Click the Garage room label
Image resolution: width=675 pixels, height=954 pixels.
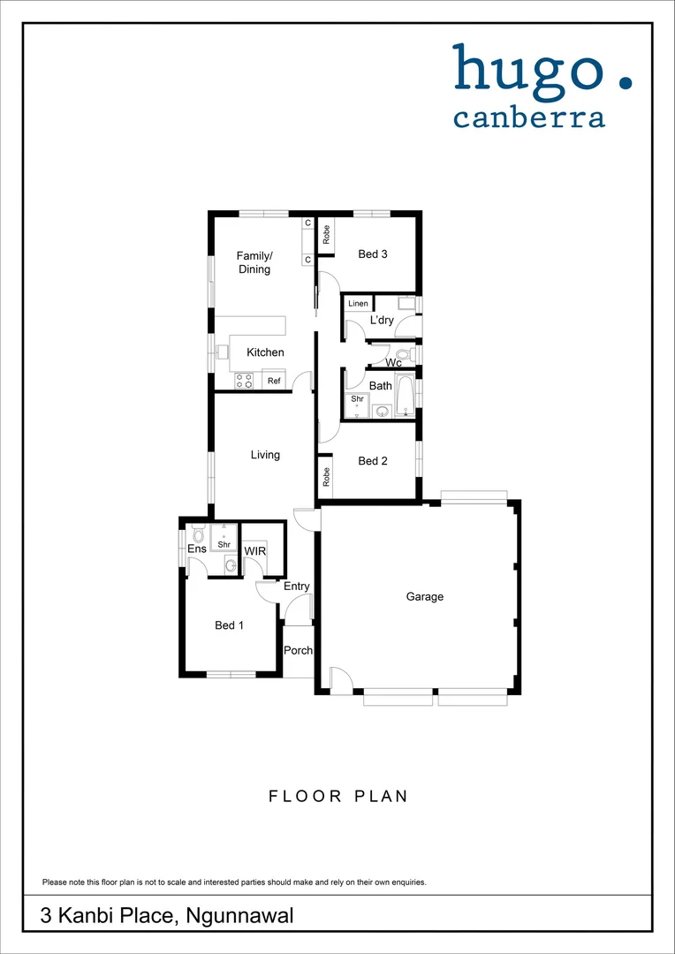pyautogui.click(x=425, y=597)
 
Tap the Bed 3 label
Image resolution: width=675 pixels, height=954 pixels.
pyautogui.click(x=373, y=254)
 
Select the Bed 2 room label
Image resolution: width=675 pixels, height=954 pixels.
pyautogui.click(x=373, y=461)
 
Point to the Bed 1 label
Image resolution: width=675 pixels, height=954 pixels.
pyautogui.click(x=230, y=625)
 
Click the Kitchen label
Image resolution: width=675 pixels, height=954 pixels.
pyautogui.click(x=265, y=352)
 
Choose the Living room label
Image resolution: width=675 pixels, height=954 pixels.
pyautogui.click(x=265, y=455)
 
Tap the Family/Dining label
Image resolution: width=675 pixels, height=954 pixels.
pyautogui.click(x=254, y=263)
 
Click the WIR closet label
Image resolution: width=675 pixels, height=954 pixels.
pyautogui.click(x=255, y=551)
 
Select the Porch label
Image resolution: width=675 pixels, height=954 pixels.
pyautogui.click(x=299, y=651)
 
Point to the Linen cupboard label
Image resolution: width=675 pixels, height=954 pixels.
pyautogui.click(x=358, y=304)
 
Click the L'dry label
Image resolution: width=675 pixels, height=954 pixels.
pyautogui.click(x=382, y=321)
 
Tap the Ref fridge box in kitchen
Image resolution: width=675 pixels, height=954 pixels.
pyautogui.click(x=274, y=382)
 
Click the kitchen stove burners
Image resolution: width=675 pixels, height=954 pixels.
pyautogui.click(x=245, y=381)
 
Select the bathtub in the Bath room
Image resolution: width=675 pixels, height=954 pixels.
pyautogui.click(x=405, y=395)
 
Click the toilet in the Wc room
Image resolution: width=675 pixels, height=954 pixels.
pyautogui.click(x=402, y=355)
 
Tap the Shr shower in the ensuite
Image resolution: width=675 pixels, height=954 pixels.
pyautogui.click(x=224, y=540)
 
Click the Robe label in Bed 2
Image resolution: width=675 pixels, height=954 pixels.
pyautogui.click(x=326, y=478)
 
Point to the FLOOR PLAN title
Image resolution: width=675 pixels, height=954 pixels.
pyautogui.click(x=338, y=796)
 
